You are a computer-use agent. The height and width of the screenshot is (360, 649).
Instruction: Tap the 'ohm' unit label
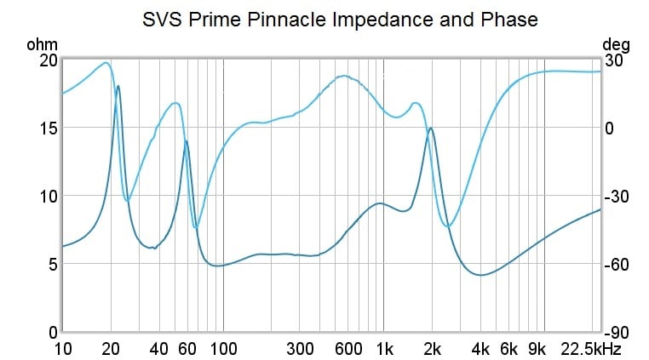(x=40, y=44)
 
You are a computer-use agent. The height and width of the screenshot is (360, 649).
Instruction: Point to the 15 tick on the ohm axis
(x=46, y=128)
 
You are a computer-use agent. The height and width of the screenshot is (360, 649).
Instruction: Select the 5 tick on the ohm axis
(x=51, y=264)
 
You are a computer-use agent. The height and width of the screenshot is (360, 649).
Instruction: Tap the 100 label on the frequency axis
(x=223, y=348)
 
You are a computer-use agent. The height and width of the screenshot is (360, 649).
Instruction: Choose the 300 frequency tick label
(x=300, y=348)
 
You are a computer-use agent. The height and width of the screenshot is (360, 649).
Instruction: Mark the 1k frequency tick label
(x=384, y=348)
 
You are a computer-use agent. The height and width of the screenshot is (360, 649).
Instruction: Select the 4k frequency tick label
(x=480, y=348)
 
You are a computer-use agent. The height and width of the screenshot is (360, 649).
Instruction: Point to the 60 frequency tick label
(x=187, y=348)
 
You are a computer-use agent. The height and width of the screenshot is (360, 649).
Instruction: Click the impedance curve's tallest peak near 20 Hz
(x=118, y=86)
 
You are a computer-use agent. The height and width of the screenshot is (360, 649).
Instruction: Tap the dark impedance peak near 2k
(x=432, y=128)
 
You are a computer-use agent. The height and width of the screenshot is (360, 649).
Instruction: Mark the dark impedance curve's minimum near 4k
(x=481, y=275)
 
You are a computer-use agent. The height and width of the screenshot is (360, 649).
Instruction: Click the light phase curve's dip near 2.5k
(x=449, y=226)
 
